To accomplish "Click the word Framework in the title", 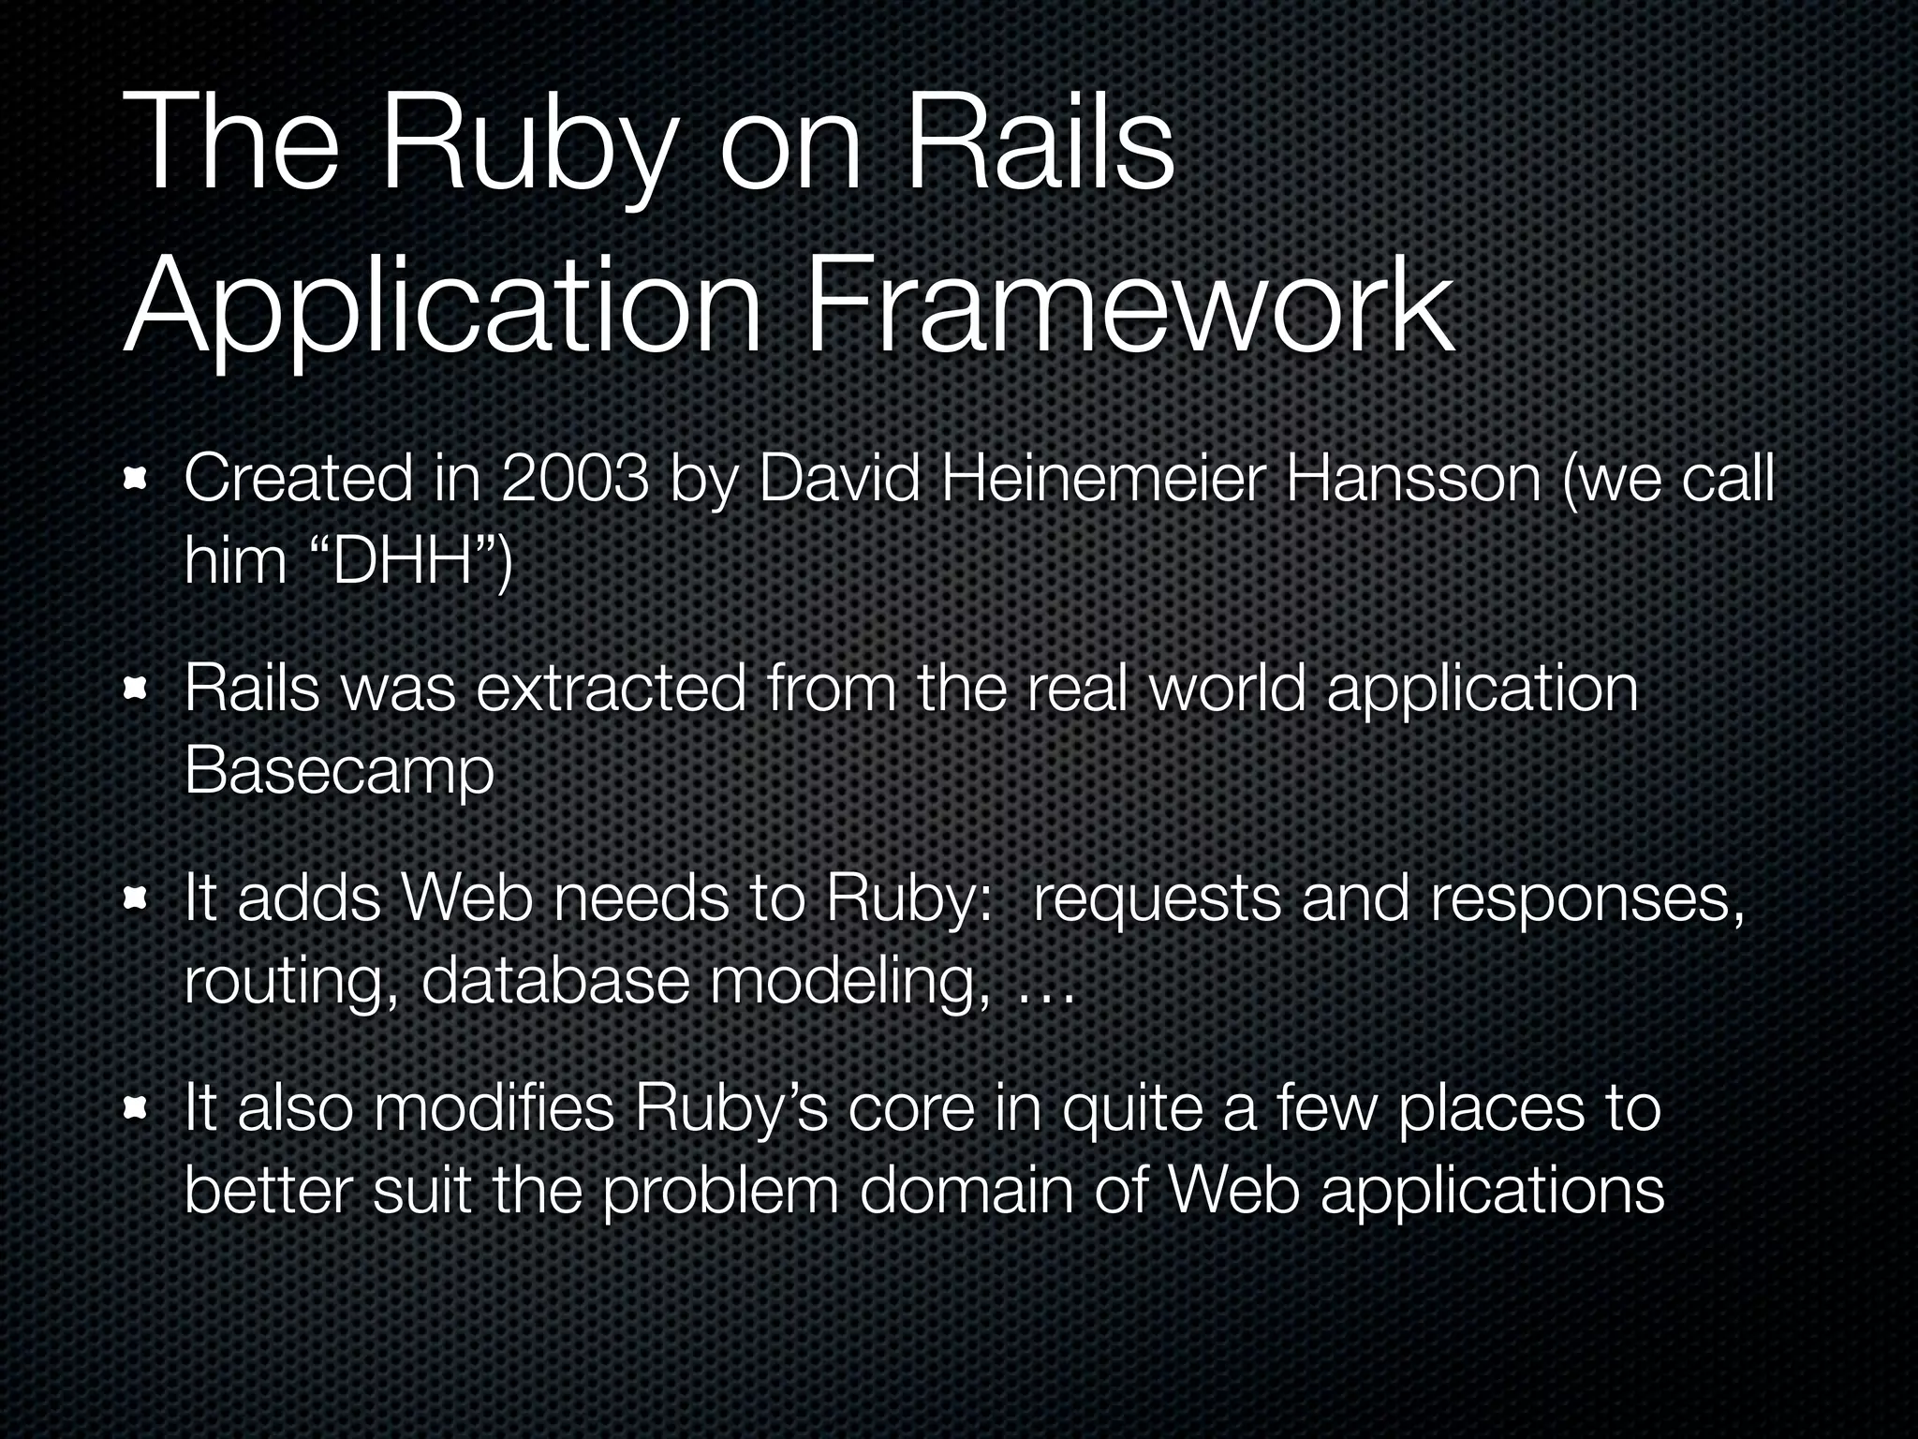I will pyautogui.click(x=1129, y=307).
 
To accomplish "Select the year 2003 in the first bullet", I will pyautogui.click(x=574, y=479).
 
